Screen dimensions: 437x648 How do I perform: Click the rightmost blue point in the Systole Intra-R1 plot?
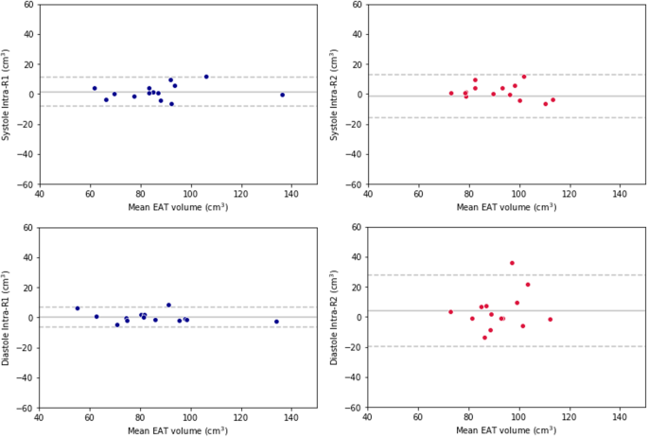282,95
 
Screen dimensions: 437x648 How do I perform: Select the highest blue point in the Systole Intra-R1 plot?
206,77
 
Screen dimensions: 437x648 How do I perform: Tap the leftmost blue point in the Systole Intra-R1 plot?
95,88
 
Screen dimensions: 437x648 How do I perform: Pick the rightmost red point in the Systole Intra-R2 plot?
552,99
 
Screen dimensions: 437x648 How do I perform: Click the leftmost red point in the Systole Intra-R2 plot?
451,94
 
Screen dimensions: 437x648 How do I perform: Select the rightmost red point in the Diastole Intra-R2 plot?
550,320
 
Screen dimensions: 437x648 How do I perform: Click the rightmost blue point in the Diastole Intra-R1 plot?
276,322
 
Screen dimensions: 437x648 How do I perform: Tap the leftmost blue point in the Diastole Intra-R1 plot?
78,308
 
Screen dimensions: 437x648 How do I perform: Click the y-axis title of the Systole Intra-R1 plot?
8,95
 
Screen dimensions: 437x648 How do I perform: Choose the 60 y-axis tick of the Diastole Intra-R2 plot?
357,227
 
